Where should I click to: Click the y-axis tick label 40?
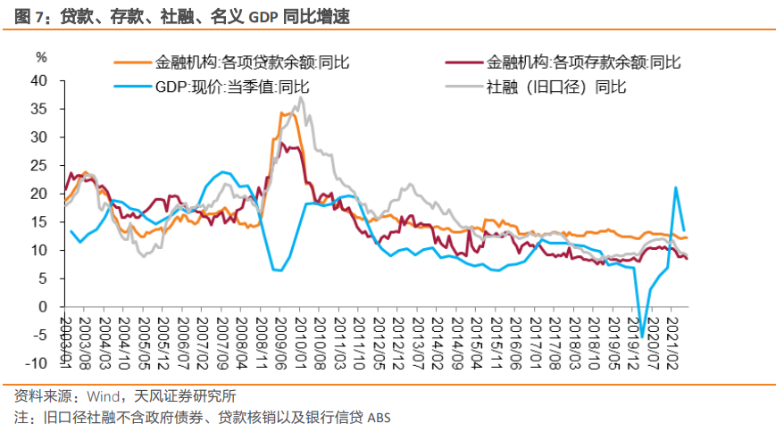click(x=38, y=80)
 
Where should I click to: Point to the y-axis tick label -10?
click(x=35, y=363)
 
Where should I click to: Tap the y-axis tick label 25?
click(x=38, y=165)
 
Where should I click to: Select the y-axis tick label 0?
click(x=42, y=307)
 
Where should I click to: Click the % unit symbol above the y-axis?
click(x=40, y=57)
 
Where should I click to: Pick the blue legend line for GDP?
click(x=132, y=87)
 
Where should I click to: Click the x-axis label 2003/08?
click(x=85, y=340)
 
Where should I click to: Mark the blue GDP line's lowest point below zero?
click(x=642, y=337)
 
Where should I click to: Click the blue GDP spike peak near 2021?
click(x=676, y=187)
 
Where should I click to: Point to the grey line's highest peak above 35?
click(x=301, y=97)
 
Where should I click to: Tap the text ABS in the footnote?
click(x=379, y=418)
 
